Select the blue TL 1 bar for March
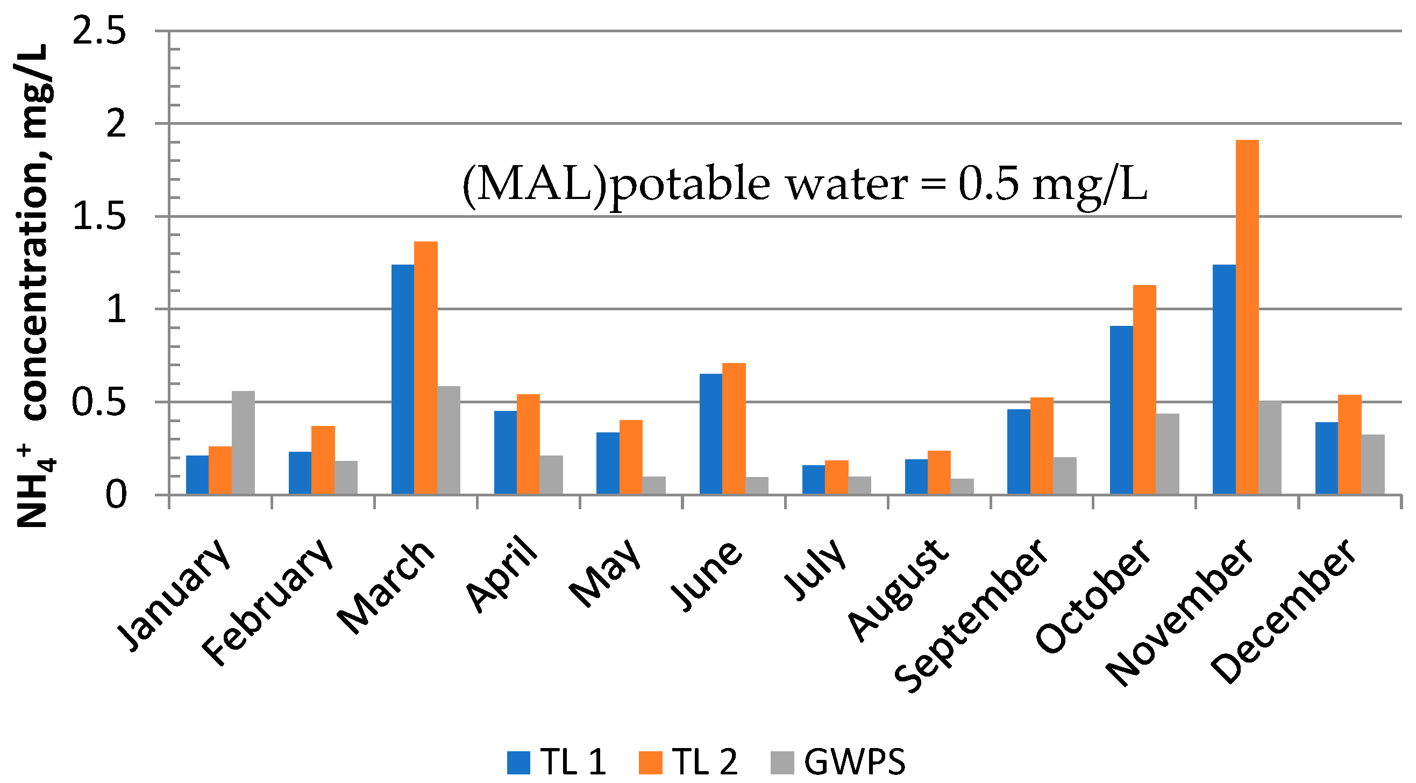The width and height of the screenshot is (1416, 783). (402, 380)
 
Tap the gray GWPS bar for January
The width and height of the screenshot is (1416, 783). (243, 443)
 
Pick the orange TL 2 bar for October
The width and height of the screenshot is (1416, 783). (1144, 390)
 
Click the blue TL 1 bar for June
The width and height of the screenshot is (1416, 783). (711, 434)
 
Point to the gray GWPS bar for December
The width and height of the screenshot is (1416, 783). (1372, 465)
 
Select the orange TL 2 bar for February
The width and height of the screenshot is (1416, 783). (323, 460)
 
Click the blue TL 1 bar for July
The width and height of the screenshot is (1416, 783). (814, 480)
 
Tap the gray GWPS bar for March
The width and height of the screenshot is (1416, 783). (449, 440)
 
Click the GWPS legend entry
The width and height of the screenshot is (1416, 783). (838, 762)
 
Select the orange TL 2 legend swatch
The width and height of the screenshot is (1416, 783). (650, 763)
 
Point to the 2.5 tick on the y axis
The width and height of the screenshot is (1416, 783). (99, 31)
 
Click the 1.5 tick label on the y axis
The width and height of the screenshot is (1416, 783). (99, 217)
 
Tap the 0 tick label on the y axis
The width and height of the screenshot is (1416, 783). (116, 495)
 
